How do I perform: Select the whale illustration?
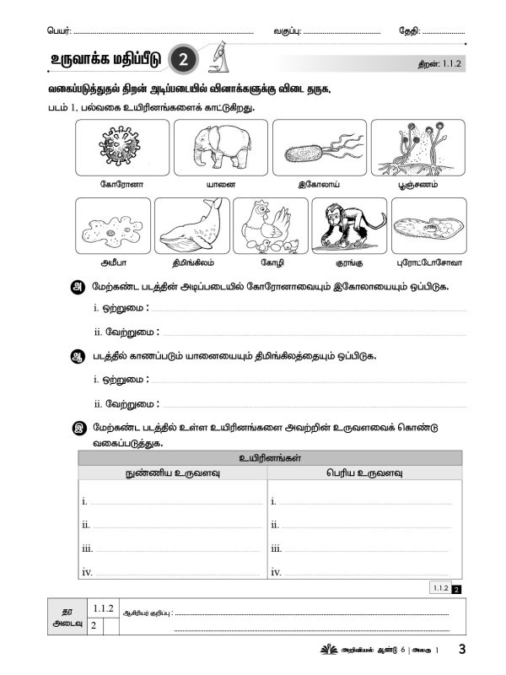[190, 224]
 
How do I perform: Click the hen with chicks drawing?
[269, 226]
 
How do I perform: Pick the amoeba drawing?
[112, 226]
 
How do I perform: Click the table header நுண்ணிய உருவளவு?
[172, 472]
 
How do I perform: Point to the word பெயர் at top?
[59, 31]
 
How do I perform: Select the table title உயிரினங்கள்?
[270, 457]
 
